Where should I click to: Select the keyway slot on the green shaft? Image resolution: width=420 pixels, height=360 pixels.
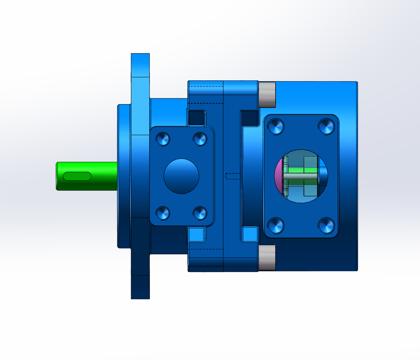coord(77,176)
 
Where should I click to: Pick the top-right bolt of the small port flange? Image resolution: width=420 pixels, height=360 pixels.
coord(200,139)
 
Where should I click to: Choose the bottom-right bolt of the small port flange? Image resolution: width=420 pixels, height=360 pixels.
coord(200,213)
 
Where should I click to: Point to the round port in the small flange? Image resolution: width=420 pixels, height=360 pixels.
coord(181,176)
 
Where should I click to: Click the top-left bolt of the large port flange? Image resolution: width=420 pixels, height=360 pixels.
coord(276,126)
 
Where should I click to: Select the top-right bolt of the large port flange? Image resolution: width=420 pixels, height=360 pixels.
coord(326,126)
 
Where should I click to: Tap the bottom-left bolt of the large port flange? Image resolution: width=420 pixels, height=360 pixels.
coord(276,226)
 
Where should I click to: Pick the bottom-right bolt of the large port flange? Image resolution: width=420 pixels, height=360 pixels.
coord(326,226)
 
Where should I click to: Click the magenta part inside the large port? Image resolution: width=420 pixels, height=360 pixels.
coord(279,175)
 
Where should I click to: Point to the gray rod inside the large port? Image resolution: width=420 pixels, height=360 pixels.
coord(301,176)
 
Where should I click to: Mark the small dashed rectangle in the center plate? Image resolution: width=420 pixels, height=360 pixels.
coord(233,176)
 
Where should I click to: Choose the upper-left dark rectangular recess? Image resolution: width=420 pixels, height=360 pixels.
coord(197,118)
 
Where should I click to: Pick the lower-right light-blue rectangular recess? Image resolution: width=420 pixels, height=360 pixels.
coord(250,234)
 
